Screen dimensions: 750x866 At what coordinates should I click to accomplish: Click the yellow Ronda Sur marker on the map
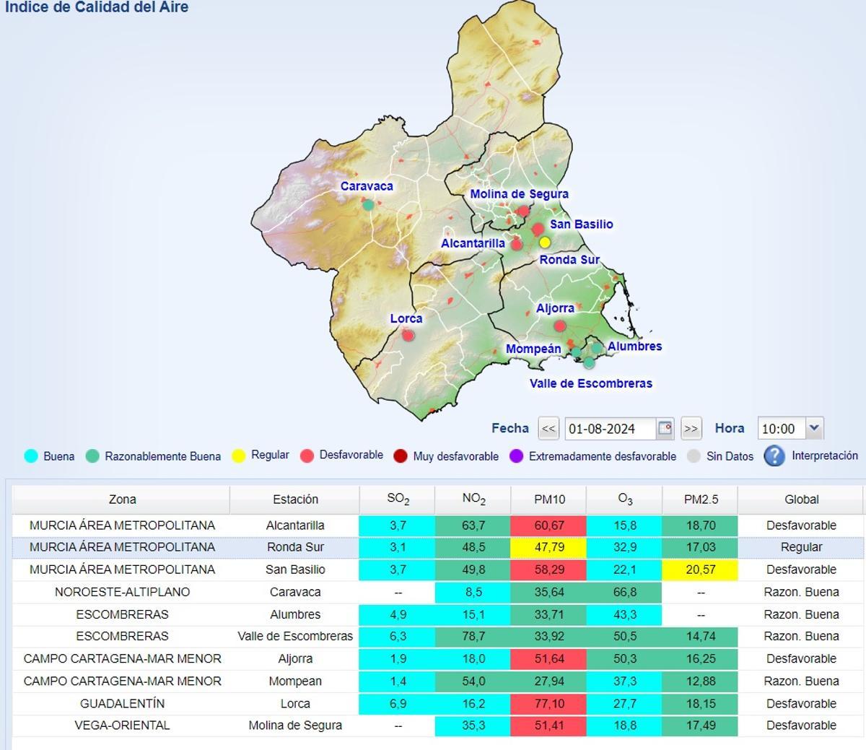pyautogui.click(x=545, y=243)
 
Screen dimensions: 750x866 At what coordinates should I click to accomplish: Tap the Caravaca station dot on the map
pyautogui.click(x=368, y=205)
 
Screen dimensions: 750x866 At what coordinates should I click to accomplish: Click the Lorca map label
pyautogui.click(x=406, y=318)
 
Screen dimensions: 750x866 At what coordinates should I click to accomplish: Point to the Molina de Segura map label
pyautogui.click(x=519, y=194)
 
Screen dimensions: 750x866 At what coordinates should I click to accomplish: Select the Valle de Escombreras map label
pyautogui.click(x=590, y=383)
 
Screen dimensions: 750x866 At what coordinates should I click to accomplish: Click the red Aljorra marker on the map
pyautogui.click(x=560, y=326)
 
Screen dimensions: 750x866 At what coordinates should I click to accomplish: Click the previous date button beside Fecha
pyautogui.click(x=548, y=429)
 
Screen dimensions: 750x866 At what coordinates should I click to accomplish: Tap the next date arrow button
pyautogui.click(x=691, y=429)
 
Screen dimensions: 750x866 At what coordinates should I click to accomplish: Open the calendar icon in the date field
pyautogui.click(x=665, y=428)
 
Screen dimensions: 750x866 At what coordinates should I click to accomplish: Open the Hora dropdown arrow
pyautogui.click(x=814, y=428)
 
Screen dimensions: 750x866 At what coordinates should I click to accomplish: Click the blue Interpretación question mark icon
pyautogui.click(x=774, y=455)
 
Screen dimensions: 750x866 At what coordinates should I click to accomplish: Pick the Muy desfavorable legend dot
pyautogui.click(x=401, y=456)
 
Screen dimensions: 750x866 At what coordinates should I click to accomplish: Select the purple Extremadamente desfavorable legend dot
pyautogui.click(x=516, y=456)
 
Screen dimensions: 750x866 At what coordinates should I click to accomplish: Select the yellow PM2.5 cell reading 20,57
pyautogui.click(x=700, y=570)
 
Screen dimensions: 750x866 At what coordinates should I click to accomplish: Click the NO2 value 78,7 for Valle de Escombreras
pyautogui.click(x=473, y=637)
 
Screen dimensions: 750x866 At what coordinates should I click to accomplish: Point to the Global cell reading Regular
pyautogui.click(x=801, y=547)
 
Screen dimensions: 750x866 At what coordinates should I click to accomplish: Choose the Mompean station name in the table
pyautogui.click(x=295, y=681)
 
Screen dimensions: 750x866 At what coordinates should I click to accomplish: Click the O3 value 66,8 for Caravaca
pyautogui.click(x=624, y=592)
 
